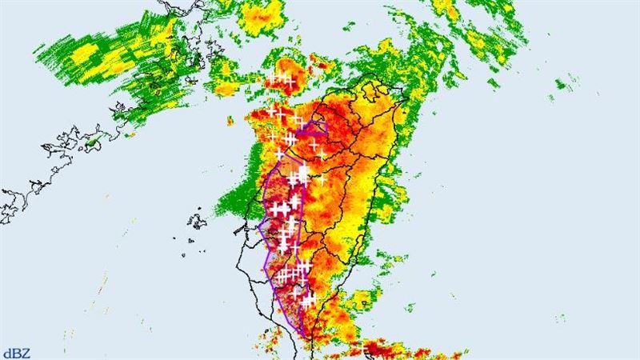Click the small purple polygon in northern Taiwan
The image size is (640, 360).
(x=313, y=127)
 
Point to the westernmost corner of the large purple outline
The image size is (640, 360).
(x=258, y=225)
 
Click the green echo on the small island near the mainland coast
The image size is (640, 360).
(x=94, y=142)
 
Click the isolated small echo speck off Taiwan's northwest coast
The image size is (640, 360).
(x=230, y=122)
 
